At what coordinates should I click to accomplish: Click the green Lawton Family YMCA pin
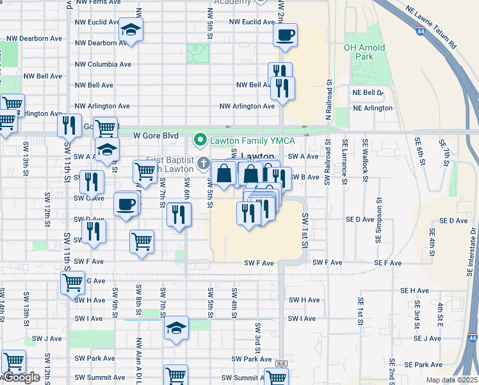[x=200, y=139]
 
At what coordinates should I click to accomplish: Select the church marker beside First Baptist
[x=204, y=163]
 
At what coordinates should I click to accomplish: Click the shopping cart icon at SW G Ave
[x=72, y=282]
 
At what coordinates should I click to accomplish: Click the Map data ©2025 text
[x=451, y=380]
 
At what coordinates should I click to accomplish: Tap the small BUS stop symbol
[x=280, y=364]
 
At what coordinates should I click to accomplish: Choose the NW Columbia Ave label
[x=103, y=64]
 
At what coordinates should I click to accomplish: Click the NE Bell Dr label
[x=368, y=92]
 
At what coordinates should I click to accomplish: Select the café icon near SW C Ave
[x=126, y=204]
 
